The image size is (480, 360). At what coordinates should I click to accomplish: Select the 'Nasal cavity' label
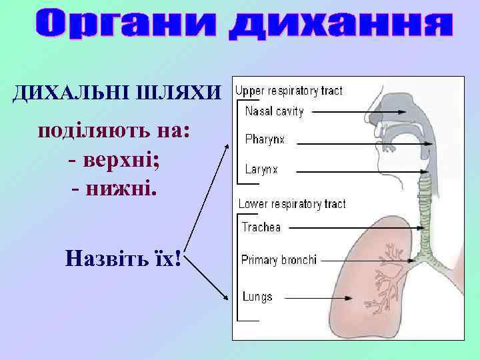[x=274, y=112]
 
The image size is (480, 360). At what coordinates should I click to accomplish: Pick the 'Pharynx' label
[x=265, y=140]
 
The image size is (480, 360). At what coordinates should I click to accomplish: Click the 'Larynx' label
[x=261, y=169]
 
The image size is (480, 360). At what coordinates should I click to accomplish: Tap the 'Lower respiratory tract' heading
[x=292, y=203]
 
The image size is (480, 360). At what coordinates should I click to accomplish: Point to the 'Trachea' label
[x=261, y=227]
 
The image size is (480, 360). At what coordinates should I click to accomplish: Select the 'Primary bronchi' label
[x=279, y=260]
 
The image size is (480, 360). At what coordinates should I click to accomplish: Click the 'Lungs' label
[x=257, y=297]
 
